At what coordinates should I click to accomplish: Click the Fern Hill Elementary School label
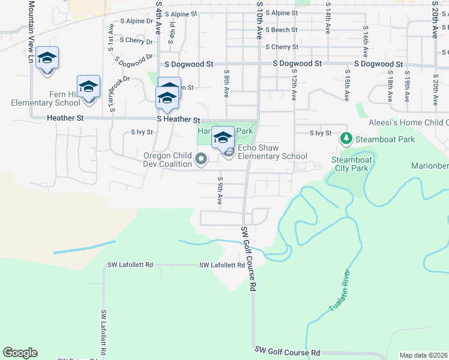coord(46,98)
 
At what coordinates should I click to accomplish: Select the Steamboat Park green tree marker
coord(346,139)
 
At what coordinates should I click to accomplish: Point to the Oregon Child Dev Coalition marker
coord(202,159)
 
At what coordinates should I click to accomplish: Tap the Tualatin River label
coord(340,291)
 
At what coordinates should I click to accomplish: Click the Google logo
coord(20,353)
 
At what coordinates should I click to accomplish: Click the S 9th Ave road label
coord(221,190)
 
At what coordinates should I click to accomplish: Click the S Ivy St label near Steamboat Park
coord(321,133)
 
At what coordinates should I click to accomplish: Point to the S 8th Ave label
coord(227,83)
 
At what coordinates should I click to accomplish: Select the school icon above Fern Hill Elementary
coord(88,86)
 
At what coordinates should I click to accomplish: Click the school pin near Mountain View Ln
coord(47,58)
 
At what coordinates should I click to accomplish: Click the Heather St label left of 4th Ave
coord(65,119)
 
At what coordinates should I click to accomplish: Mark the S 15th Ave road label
coord(347,84)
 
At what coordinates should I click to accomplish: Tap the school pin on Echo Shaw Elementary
coord(223,137)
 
